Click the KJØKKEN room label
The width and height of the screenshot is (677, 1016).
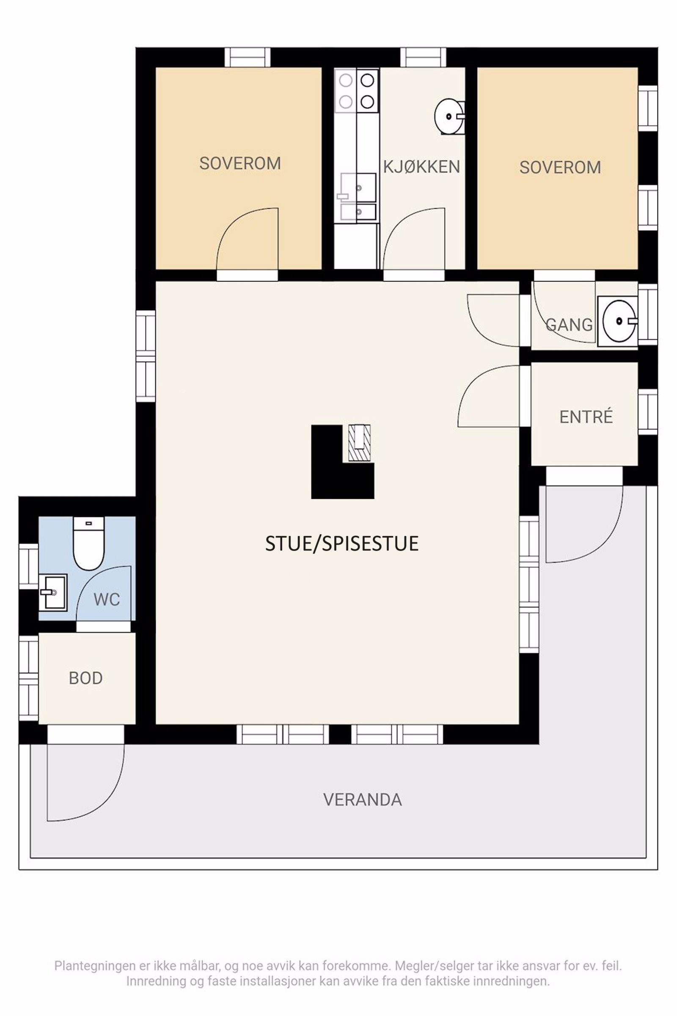tap(421, 166)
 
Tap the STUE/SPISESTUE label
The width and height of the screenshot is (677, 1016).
tap(341, 544)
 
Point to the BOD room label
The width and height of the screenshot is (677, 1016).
tap(85, 678)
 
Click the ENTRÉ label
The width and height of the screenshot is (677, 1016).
tap(586, 417)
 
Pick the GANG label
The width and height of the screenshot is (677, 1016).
tap(569, 325)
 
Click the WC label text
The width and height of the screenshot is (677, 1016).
tap(107, 599)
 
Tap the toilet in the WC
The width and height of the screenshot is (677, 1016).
tap(88, 543)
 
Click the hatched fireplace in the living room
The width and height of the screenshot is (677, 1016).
tap(359, 443)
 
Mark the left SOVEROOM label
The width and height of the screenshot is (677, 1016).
tap(240, 163)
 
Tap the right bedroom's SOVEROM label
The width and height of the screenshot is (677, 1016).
tap(560, 167)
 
